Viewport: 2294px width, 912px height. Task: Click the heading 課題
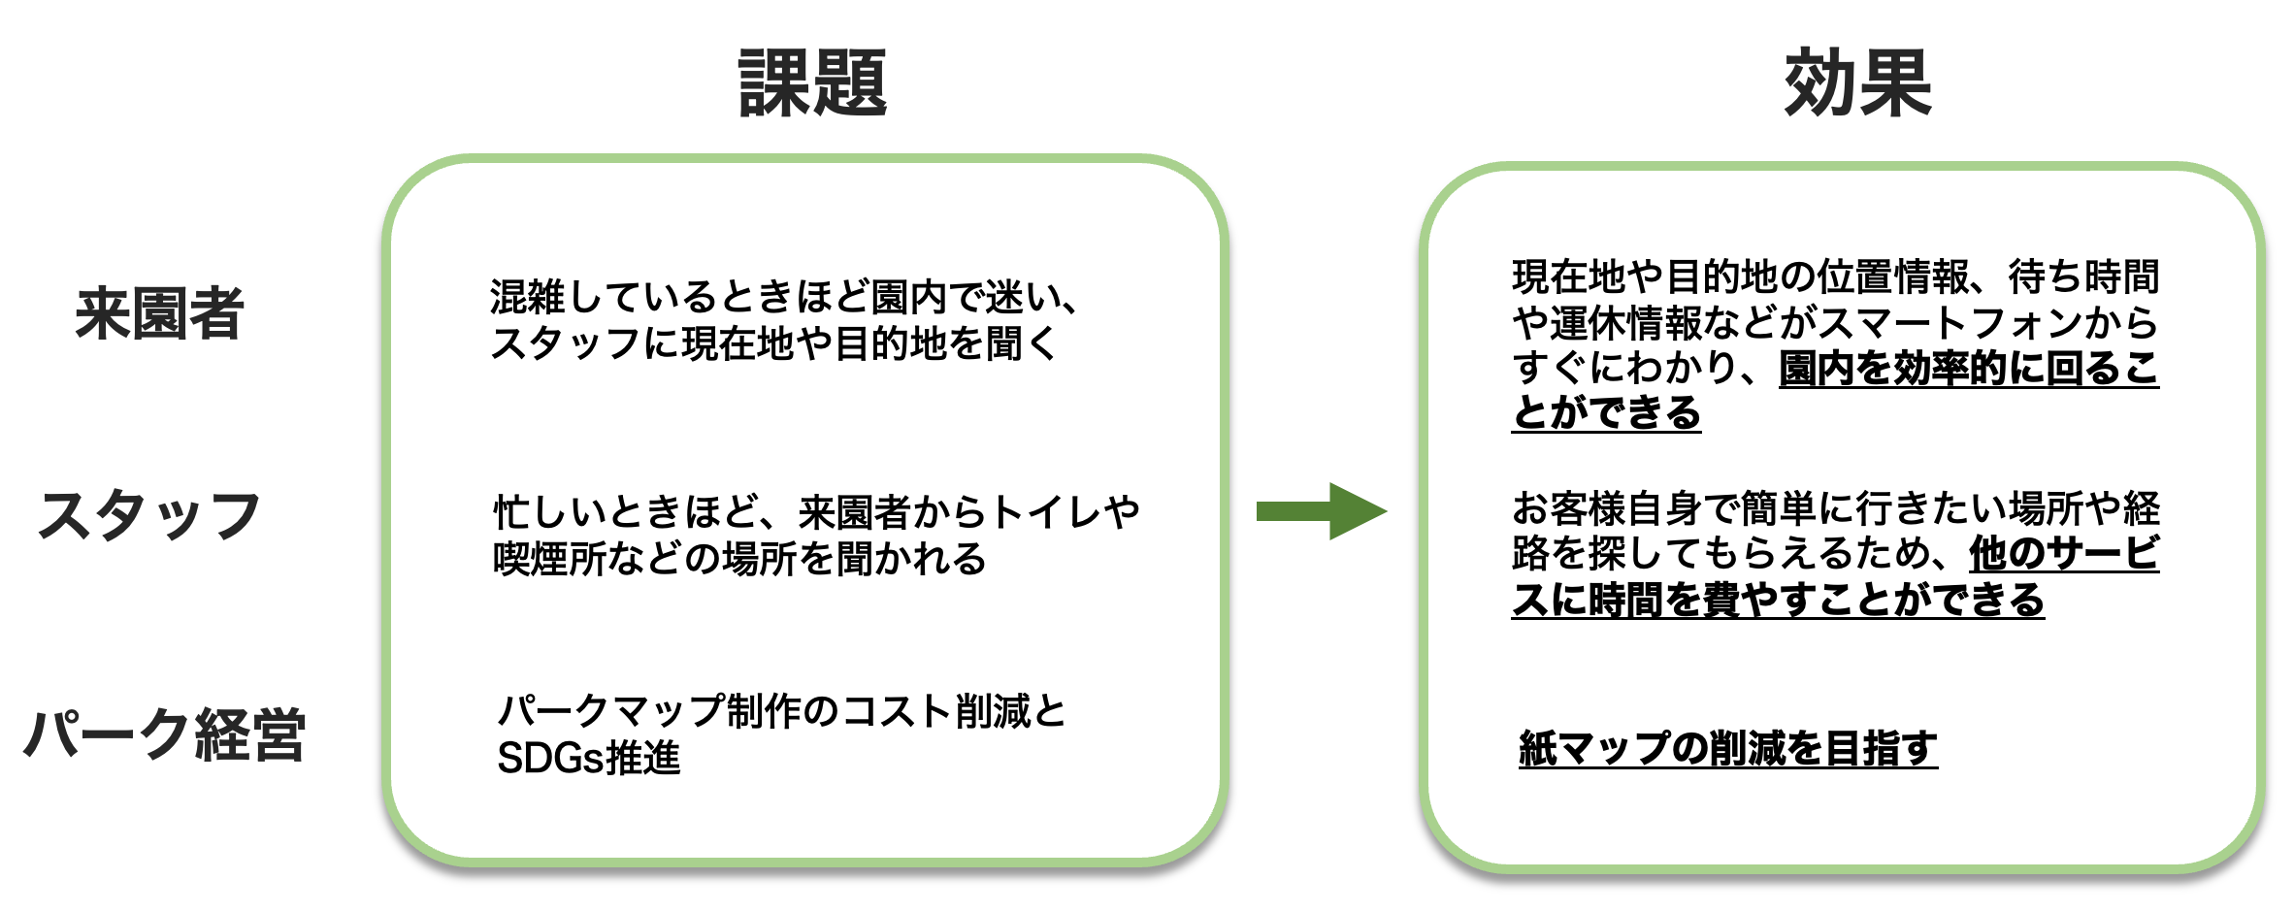point(812,83)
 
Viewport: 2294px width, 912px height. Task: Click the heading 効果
point(1857,83)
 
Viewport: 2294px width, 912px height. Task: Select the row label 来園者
point(159,313)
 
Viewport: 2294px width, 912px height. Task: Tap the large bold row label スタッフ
point(149,515)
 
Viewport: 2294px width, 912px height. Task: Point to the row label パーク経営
point(164,733)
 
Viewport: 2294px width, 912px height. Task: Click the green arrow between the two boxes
point(1320,511)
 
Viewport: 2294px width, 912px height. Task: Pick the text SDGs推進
point(588,758)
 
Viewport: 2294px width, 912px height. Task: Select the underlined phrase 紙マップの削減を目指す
point(1727,748)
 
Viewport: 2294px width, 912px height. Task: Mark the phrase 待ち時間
point(2083,277)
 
